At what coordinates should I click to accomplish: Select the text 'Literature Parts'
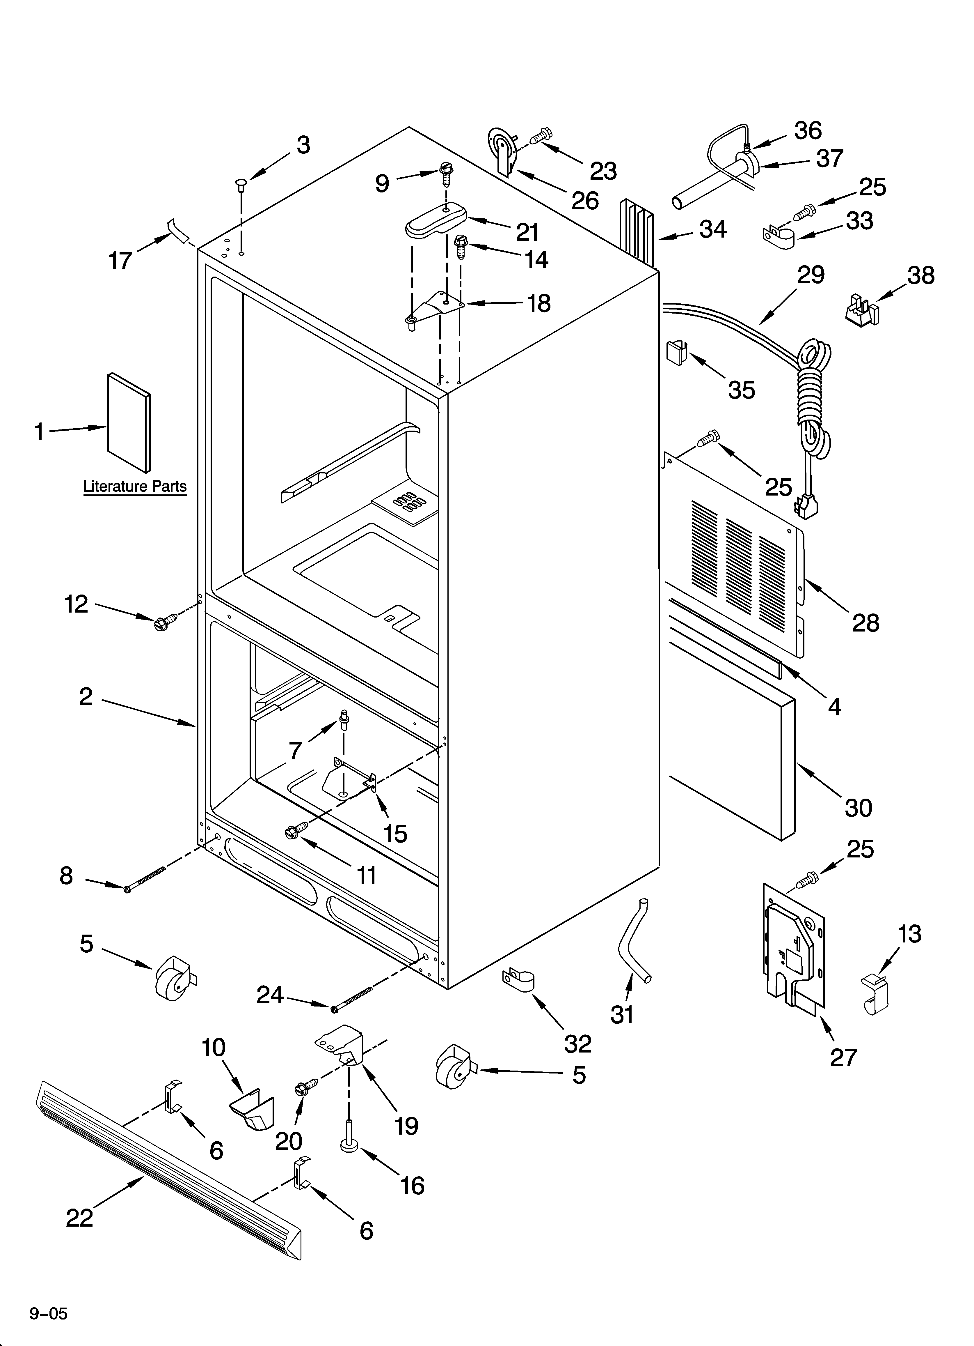click(x=135, y=487)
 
